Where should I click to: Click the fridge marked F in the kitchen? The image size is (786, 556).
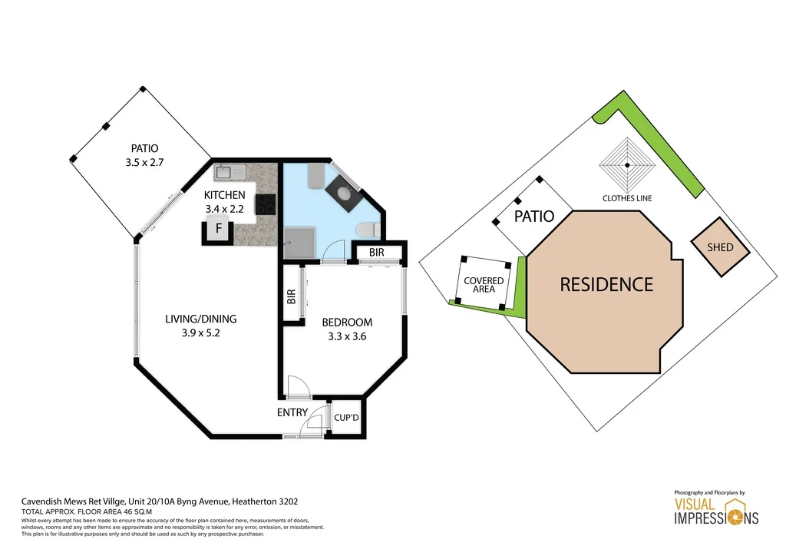[x=218, y=229]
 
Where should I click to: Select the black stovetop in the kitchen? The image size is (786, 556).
[x=266, y=204]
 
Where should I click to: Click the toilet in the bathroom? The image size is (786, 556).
[x=367, y=228]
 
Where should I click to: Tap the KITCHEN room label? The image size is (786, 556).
[x=224, y=195]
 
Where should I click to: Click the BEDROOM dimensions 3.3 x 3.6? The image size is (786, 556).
[x=346, y=336]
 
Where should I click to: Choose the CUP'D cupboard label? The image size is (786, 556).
[x=346, y=419]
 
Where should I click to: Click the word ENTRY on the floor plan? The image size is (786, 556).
[x=292, y=412]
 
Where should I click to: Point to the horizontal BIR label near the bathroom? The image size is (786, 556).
[x=376, y=252]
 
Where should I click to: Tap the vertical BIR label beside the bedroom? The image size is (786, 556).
[x=291, y=296]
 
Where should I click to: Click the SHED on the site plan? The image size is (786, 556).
[x=720, y=247]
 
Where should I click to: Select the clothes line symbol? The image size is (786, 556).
[x=627, y=165]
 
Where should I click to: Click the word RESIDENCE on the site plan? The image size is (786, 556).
[x=606, y=285]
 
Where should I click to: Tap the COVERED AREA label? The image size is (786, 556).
[x=484, y=285]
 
